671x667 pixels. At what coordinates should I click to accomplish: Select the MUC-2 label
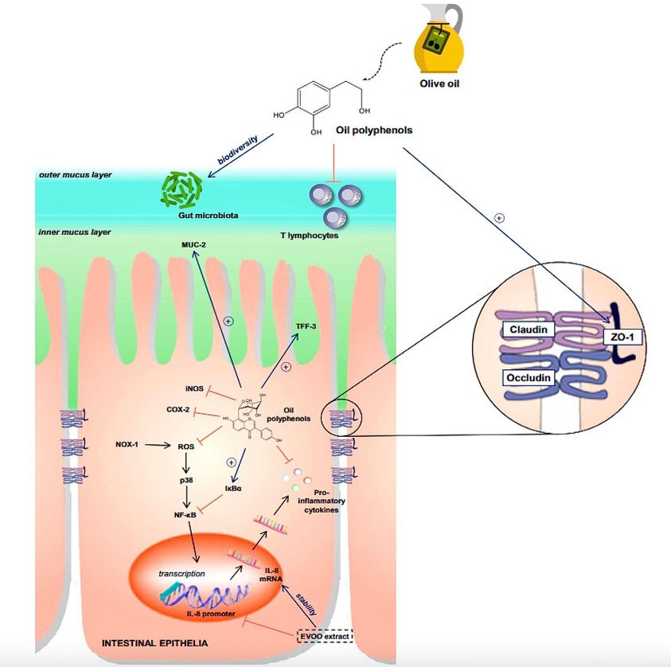point(193,244)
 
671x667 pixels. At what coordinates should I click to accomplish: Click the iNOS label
point(193,388)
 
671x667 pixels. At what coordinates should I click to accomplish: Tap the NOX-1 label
point(127,445)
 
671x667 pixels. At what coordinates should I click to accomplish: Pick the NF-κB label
point(186,515)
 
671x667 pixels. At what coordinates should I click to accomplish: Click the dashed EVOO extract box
point(322,636)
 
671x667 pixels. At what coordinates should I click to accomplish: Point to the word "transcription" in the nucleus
point(182,573)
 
